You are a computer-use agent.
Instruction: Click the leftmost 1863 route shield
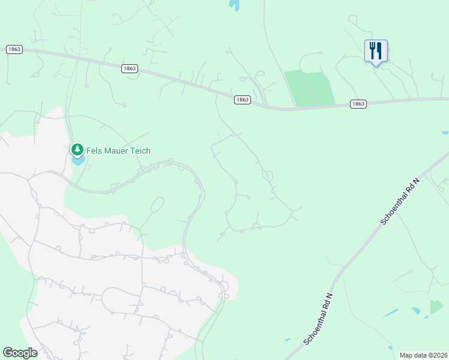click(x=14, y=49)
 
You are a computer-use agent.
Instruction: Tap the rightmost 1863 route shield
click(x=358, y=104)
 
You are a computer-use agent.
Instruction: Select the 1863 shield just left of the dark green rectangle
click(x=242, y=100)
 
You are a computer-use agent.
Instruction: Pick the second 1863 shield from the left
click(x=129, y=68)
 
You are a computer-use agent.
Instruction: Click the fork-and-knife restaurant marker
click(x=376, y=50)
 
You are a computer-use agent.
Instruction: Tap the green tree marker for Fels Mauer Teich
click(x=77, y=149)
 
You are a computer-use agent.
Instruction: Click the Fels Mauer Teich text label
click(x=118, y=151)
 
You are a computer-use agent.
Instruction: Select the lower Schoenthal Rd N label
click(x=319, y=319)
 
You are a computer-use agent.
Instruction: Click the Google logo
click(x=20, y=353)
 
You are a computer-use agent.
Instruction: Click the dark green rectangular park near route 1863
click(x=310, y=88)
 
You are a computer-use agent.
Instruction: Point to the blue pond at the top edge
click(x=234, y=4)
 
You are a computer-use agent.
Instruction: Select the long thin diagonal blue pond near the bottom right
click(x=390, y=313)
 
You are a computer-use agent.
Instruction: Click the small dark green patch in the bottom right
click(x=436, y=307)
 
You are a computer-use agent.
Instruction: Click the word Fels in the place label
click(x=94, y=151)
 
